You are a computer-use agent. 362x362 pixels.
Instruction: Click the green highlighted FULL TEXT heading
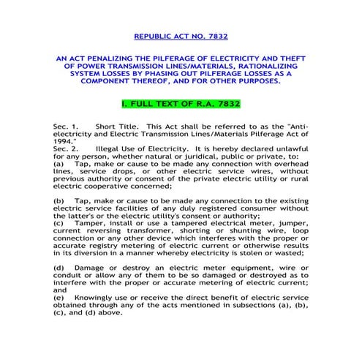pos(180,104)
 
